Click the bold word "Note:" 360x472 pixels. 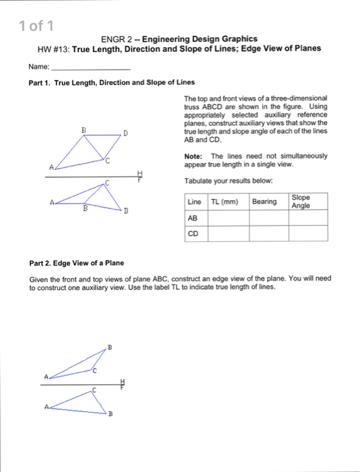[193, 156]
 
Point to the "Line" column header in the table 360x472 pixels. [194, 202]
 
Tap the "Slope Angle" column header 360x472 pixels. [301, 201]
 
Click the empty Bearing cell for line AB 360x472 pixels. [268, 218]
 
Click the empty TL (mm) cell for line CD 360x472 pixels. [228, 234]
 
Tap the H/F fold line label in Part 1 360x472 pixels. [140, 177]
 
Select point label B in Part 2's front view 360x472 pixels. [111, 417]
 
